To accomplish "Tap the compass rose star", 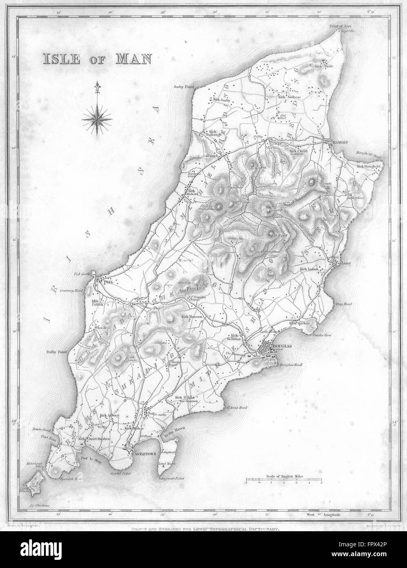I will tap(98, 119).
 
